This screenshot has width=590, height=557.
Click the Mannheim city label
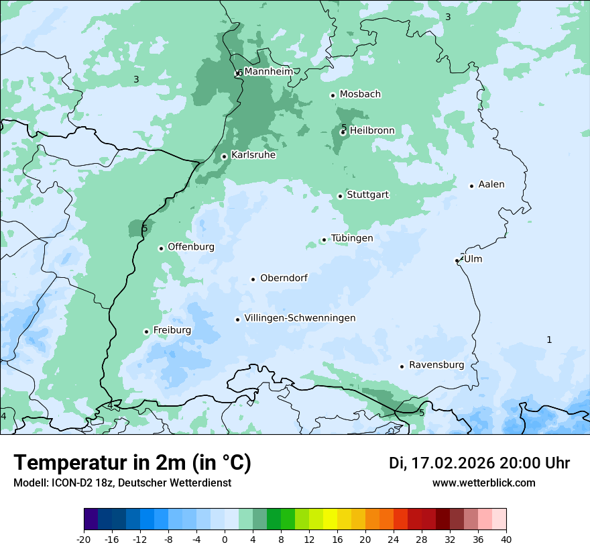tap(268, 72)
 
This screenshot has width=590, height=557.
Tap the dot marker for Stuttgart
tap(340, 196)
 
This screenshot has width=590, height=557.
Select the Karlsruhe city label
tap(253, 155)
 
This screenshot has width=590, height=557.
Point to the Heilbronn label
tap(372, 131)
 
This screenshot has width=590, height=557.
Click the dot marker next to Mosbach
tap(333, 95)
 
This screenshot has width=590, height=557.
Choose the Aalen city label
tap(491, 185)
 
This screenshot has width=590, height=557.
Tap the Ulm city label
tap(473, 259)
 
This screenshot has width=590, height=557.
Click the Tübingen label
tap(352, 238)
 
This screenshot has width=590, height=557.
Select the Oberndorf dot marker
tap(253, 279)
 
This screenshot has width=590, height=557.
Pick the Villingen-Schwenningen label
tap(300, 318)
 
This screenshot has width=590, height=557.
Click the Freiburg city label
tap(172, 330)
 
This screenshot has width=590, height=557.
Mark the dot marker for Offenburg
tap(161, 248)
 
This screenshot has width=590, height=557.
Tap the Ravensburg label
tap(436, 365)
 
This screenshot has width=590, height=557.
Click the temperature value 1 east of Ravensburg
tap(549, 340)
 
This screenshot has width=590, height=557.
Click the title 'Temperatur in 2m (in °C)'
tap(133, 463)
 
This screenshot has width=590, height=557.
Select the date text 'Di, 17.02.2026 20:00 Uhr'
tap(479, 463)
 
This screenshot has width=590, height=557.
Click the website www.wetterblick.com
tap(484, 483)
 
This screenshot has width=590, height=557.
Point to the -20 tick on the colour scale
tap(84, 539)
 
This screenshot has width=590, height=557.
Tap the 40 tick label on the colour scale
tap(506, 539)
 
